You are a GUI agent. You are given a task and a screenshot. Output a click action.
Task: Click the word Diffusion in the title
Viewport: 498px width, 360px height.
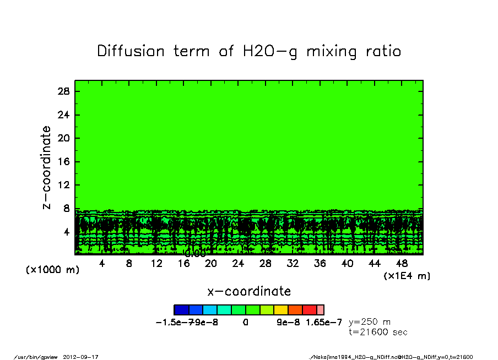131,51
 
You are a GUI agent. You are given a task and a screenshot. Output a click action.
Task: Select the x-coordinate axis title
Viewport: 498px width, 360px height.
249,291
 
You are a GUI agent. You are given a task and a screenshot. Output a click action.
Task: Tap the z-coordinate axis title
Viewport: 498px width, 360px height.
47,167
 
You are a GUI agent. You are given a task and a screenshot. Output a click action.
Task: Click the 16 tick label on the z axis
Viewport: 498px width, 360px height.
63,162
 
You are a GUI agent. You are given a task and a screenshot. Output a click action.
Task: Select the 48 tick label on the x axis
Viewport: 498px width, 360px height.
402,264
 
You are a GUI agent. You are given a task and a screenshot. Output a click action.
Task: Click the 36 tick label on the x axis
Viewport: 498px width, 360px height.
320,264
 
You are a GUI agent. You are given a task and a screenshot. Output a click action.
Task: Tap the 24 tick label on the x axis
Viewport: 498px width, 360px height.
238,264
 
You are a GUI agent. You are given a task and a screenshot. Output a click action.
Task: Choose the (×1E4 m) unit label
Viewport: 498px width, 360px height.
407,275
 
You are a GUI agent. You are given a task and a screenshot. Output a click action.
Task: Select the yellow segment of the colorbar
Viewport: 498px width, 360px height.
281,310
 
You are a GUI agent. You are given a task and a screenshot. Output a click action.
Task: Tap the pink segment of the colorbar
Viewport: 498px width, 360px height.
321,310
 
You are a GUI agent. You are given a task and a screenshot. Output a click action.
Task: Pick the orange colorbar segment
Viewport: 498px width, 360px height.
295,310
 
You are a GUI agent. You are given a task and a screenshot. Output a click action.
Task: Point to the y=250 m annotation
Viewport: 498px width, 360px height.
370,322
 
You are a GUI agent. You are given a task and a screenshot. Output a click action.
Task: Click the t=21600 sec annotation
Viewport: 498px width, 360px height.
378,332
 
